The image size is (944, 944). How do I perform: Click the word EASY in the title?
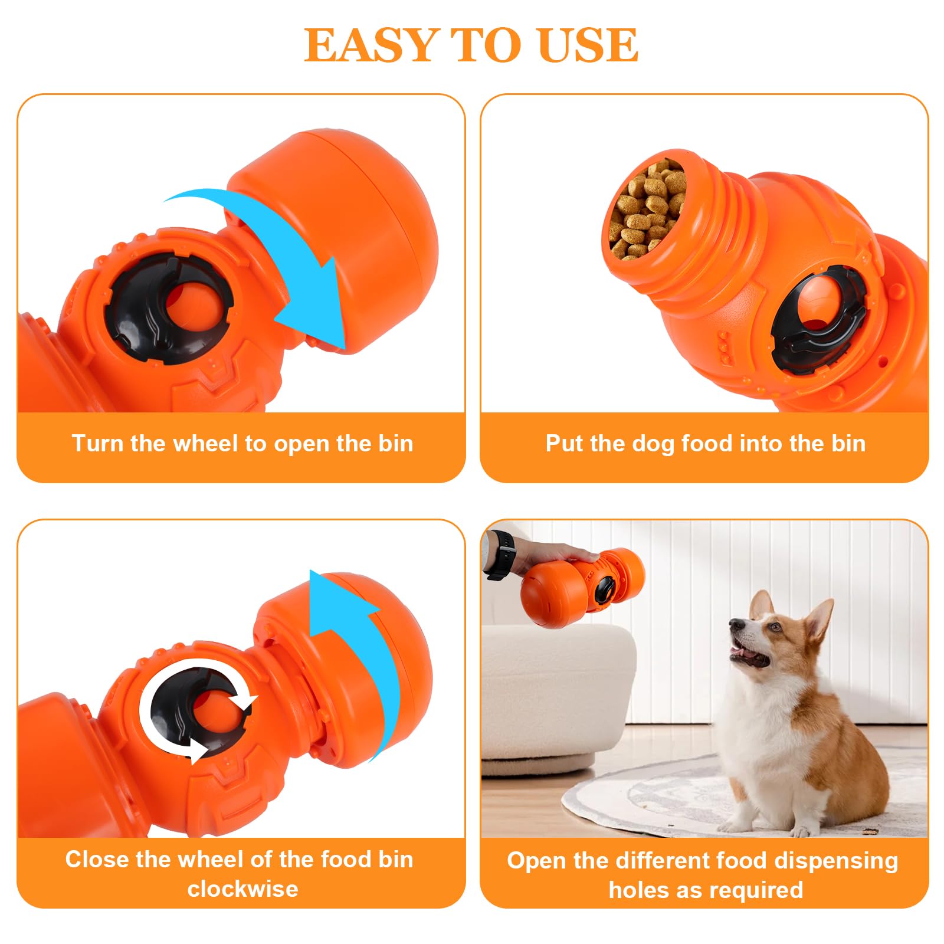click(369, 45)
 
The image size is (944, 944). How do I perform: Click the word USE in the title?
click(588, 45)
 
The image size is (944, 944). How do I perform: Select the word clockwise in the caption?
click(242, 889)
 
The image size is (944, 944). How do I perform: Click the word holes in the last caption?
click(639, 889)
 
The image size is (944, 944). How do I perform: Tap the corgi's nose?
click(735, 623)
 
